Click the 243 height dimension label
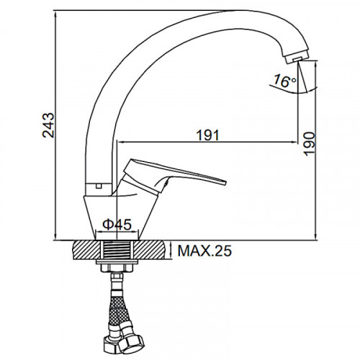click(48, 125)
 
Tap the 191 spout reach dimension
click(208, 135)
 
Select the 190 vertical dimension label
click(309, 143)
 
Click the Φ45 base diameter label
click(117, 225)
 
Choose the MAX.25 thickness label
click(204, 251)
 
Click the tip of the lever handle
click(225, 182)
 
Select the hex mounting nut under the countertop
click(117, 268)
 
